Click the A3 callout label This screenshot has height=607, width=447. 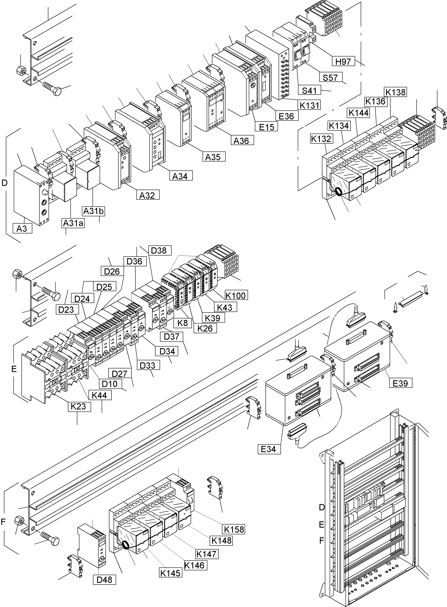coord(22,229)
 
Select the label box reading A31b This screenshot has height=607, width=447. coord(93,211)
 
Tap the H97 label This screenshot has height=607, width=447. coord(343,62)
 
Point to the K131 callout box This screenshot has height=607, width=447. coord(309,105)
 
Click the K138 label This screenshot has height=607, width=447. coord(395,92)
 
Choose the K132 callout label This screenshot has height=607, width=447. coord(321,139)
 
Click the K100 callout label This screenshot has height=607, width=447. coord(236,295)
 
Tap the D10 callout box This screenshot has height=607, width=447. coord(110,384)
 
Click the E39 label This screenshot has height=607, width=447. coord(401,383)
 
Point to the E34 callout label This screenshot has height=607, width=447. coord(269,449)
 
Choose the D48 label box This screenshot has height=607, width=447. coord(104,580)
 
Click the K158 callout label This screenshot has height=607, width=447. coord(234,529)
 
